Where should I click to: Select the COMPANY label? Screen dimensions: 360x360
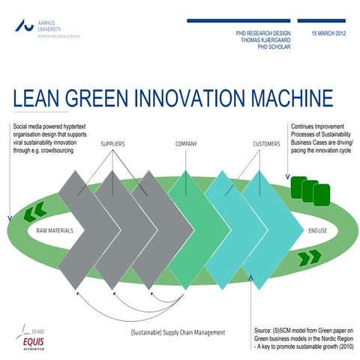pyautogui.click(x=187, y=142)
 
